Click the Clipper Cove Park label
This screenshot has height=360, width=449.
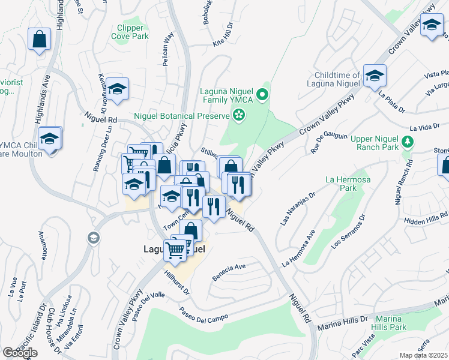point(127,32)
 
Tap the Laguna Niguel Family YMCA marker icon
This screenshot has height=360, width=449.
point(262,94)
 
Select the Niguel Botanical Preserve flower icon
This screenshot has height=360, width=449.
point(240,115)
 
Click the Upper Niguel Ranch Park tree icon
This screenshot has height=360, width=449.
point(408,142)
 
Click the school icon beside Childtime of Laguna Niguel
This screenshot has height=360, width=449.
point(375,76)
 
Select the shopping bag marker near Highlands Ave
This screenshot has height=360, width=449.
point(39,40)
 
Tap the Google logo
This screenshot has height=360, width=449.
point(20,353)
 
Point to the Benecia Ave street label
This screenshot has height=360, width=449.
point(229,272)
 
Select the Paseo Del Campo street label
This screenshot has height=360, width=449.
point(205,316)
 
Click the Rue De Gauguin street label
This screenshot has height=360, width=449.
point(328,143)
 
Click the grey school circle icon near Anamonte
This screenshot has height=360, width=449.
point(93,239)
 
